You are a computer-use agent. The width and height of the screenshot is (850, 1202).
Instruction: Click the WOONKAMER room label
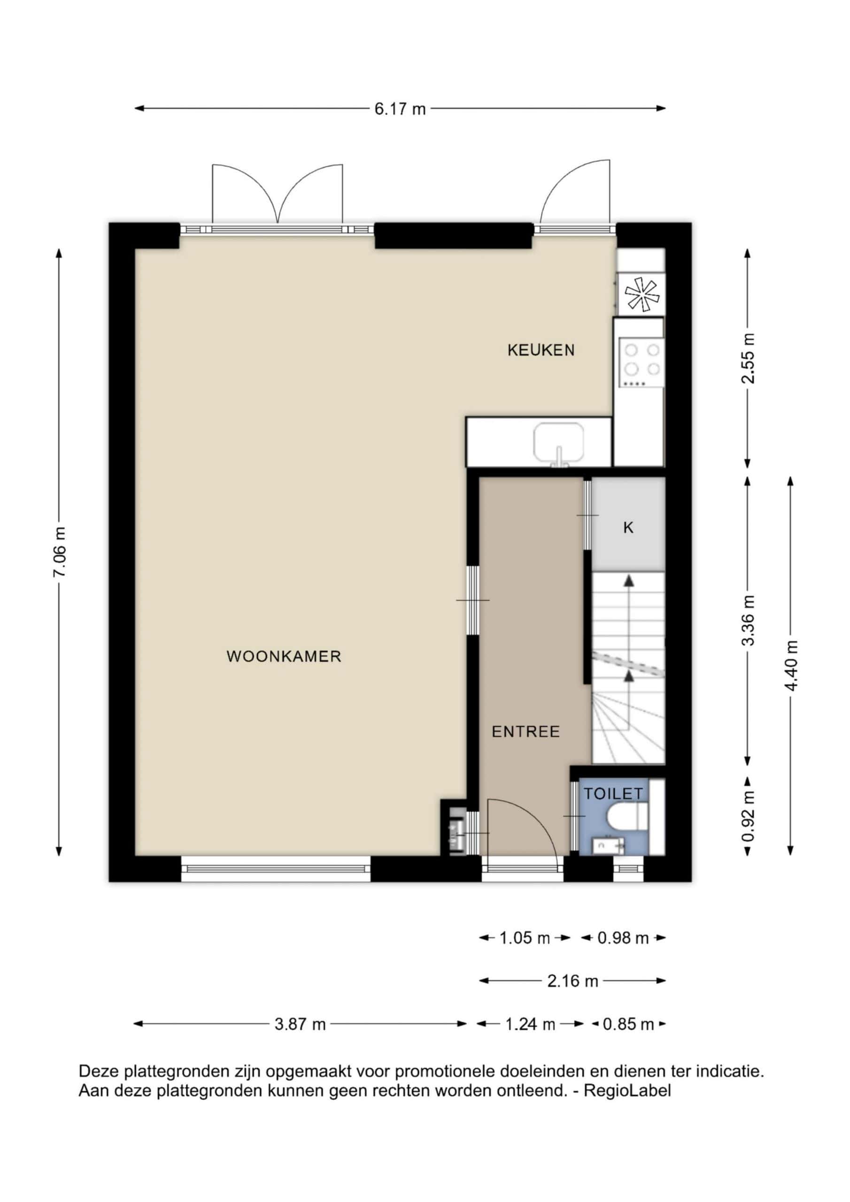pos(284,656)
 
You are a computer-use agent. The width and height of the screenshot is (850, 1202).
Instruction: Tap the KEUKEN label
pos(541,350)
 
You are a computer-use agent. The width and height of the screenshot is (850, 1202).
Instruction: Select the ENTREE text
pos(526,732)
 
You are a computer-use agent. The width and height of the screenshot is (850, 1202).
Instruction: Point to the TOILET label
pos(613,794)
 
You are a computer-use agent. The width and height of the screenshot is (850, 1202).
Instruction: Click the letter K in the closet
pos(628,528)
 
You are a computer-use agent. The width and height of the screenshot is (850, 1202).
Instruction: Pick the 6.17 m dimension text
pos(400,109)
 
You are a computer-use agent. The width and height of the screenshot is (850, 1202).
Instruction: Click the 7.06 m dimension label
pos(59,552)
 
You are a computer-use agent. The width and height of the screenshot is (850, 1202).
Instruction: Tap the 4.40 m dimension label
pos(791,665)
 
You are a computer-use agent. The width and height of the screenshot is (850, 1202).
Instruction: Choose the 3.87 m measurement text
pos(300,1024)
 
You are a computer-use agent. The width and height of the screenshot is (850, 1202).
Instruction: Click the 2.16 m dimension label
pos(572,981)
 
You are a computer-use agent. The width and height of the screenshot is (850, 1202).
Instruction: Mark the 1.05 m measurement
pos(524,938)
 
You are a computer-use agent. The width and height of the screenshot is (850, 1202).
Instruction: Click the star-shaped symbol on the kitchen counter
pos(641,295)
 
